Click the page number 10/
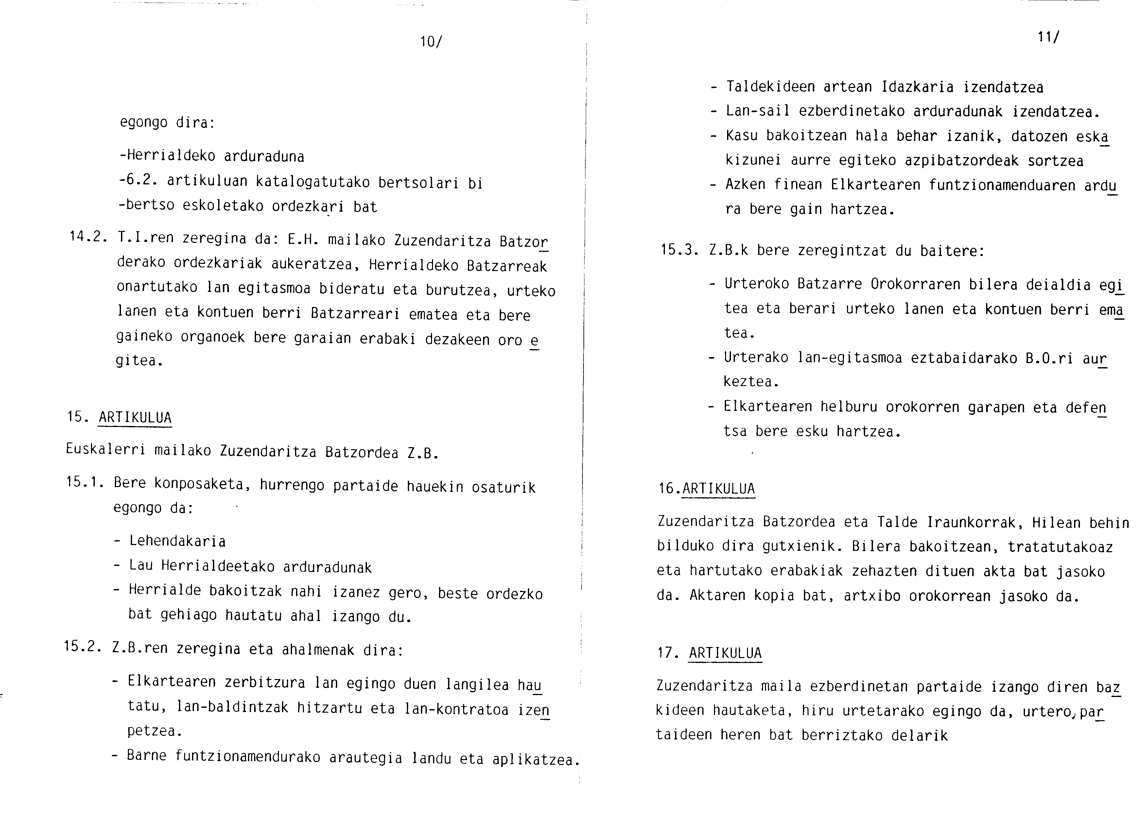tap(431, 42)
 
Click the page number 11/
tap(1048, 37)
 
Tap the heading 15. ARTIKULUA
tap(120, 417)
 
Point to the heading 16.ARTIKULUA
tap(707, 489)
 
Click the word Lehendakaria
tap(177, 541)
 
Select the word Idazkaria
tap(917, 87)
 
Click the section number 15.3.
tap(679, 250)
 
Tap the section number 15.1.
tap(84, 482)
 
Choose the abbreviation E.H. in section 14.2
tap(304, 240)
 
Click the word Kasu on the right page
tap(742, 136)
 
